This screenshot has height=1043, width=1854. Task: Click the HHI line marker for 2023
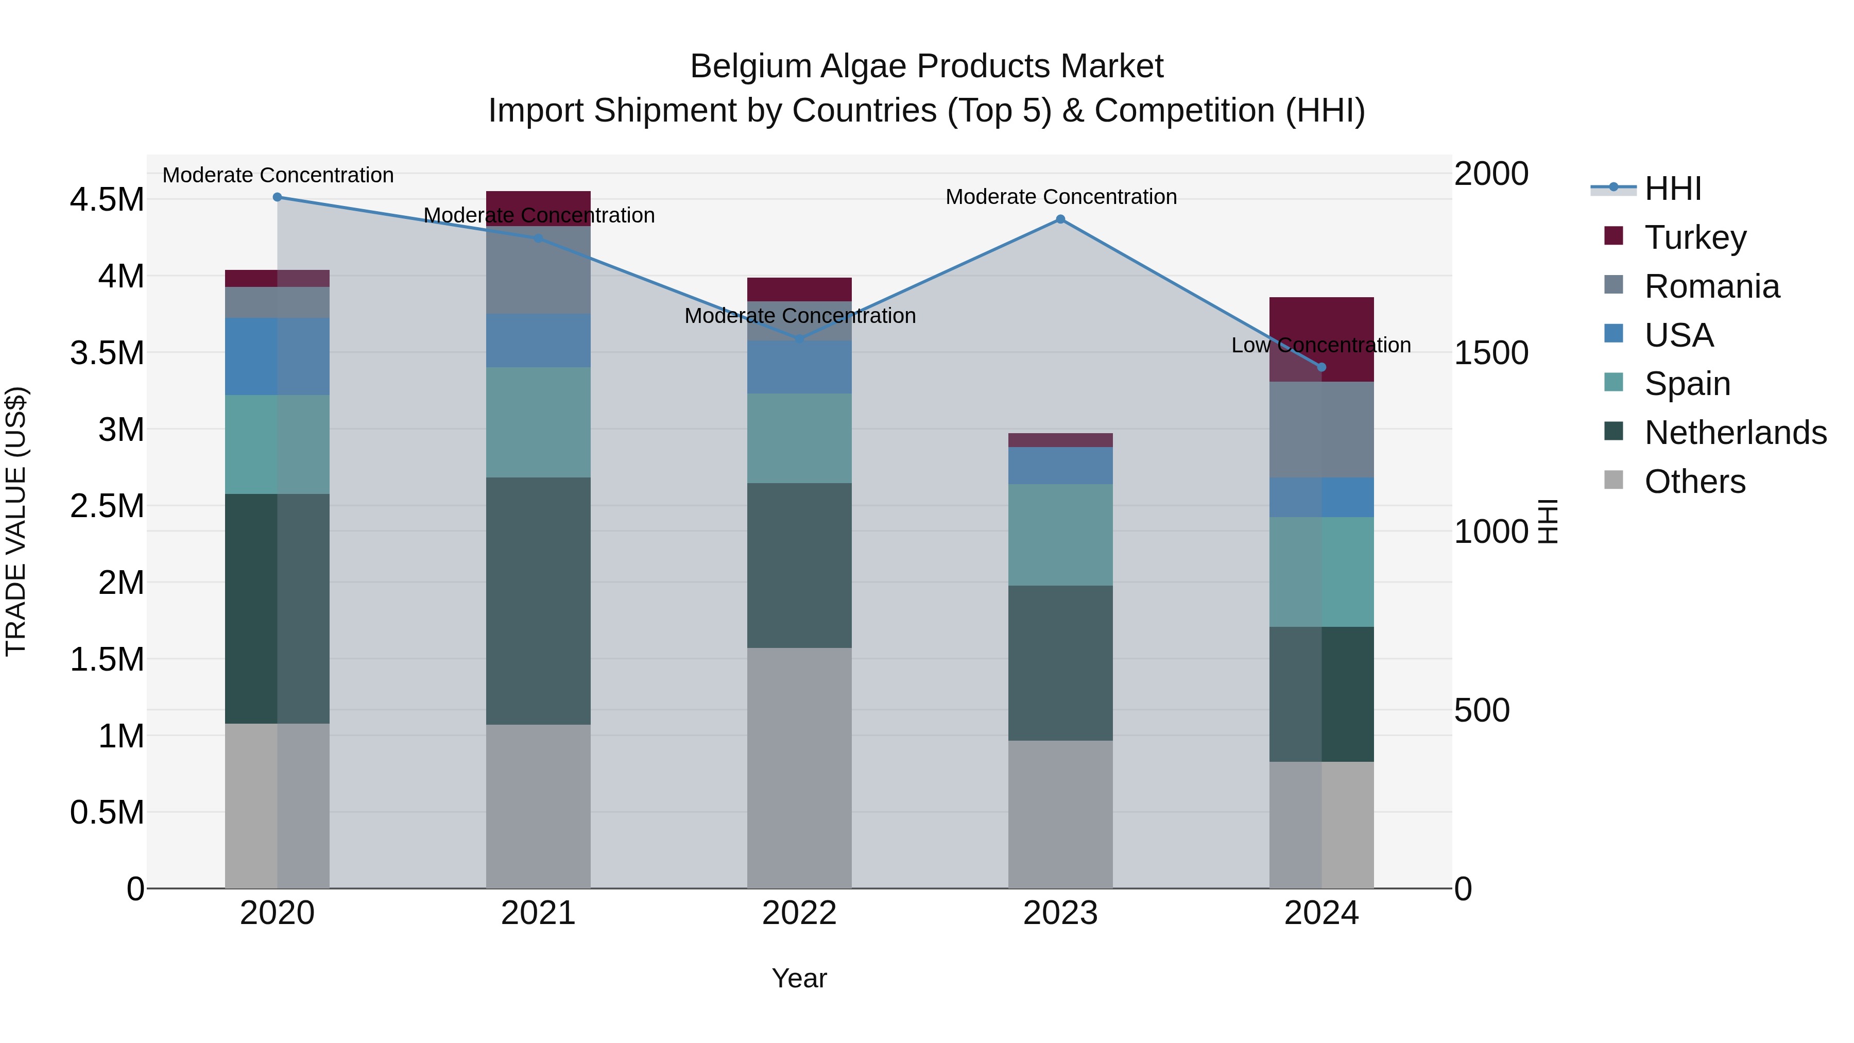1060,219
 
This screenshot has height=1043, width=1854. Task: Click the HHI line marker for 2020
277,197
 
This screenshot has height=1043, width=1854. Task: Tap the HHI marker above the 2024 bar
1321,367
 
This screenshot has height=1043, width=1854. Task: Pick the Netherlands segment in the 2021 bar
538,601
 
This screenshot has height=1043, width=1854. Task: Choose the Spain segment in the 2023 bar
1060,535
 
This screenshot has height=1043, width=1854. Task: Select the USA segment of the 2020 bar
277,356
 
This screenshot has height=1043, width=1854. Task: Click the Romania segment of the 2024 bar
1321,430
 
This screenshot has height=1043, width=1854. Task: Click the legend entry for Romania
1711,286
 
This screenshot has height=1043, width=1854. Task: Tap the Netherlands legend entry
1735,433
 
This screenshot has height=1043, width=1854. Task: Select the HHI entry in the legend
1672,189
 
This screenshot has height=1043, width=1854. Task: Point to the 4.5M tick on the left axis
107,199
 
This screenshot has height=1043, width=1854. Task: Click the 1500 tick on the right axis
1490,353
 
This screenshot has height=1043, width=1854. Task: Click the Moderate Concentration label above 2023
1061,197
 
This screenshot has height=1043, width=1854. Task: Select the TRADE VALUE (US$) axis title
16,521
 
